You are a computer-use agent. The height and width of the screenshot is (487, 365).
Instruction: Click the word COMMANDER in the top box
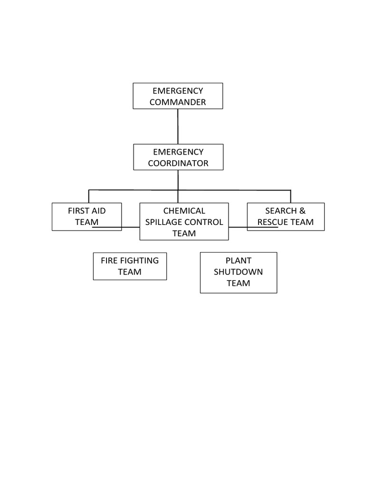tap(178, 102)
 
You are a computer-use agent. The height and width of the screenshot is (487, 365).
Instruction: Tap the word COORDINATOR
tap(178, 163)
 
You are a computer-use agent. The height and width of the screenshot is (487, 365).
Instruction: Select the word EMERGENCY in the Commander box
tap(178, 91)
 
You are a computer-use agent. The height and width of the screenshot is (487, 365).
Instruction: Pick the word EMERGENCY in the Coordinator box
tap(178, 152)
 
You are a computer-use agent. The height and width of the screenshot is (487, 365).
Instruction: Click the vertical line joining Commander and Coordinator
tap(178, 126)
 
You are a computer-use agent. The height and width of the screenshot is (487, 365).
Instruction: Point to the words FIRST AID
tap(86, 211)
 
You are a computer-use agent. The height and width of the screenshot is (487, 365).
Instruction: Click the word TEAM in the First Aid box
tap(86, 222)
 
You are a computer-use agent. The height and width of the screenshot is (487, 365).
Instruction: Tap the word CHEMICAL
tap(184, 211)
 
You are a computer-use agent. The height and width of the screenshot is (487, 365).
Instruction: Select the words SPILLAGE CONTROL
tap(184, 222)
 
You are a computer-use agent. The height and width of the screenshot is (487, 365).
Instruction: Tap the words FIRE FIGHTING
tap(130, 261)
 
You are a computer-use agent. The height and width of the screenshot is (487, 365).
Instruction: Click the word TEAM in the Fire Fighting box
tap(130, 272)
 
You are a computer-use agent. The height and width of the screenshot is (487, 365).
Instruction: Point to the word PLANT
tap(238, 261)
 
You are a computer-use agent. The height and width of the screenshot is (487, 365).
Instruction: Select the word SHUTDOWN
tap(238, 272)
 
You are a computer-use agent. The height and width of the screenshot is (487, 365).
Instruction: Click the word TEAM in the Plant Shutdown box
tap(238, 283)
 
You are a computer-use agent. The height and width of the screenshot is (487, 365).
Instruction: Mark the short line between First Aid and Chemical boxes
tap(131, 226)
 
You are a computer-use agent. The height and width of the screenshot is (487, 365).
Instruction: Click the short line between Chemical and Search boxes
tap(238, 226)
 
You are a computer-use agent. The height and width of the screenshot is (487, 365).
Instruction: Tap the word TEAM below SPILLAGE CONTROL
tap(184, 234)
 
